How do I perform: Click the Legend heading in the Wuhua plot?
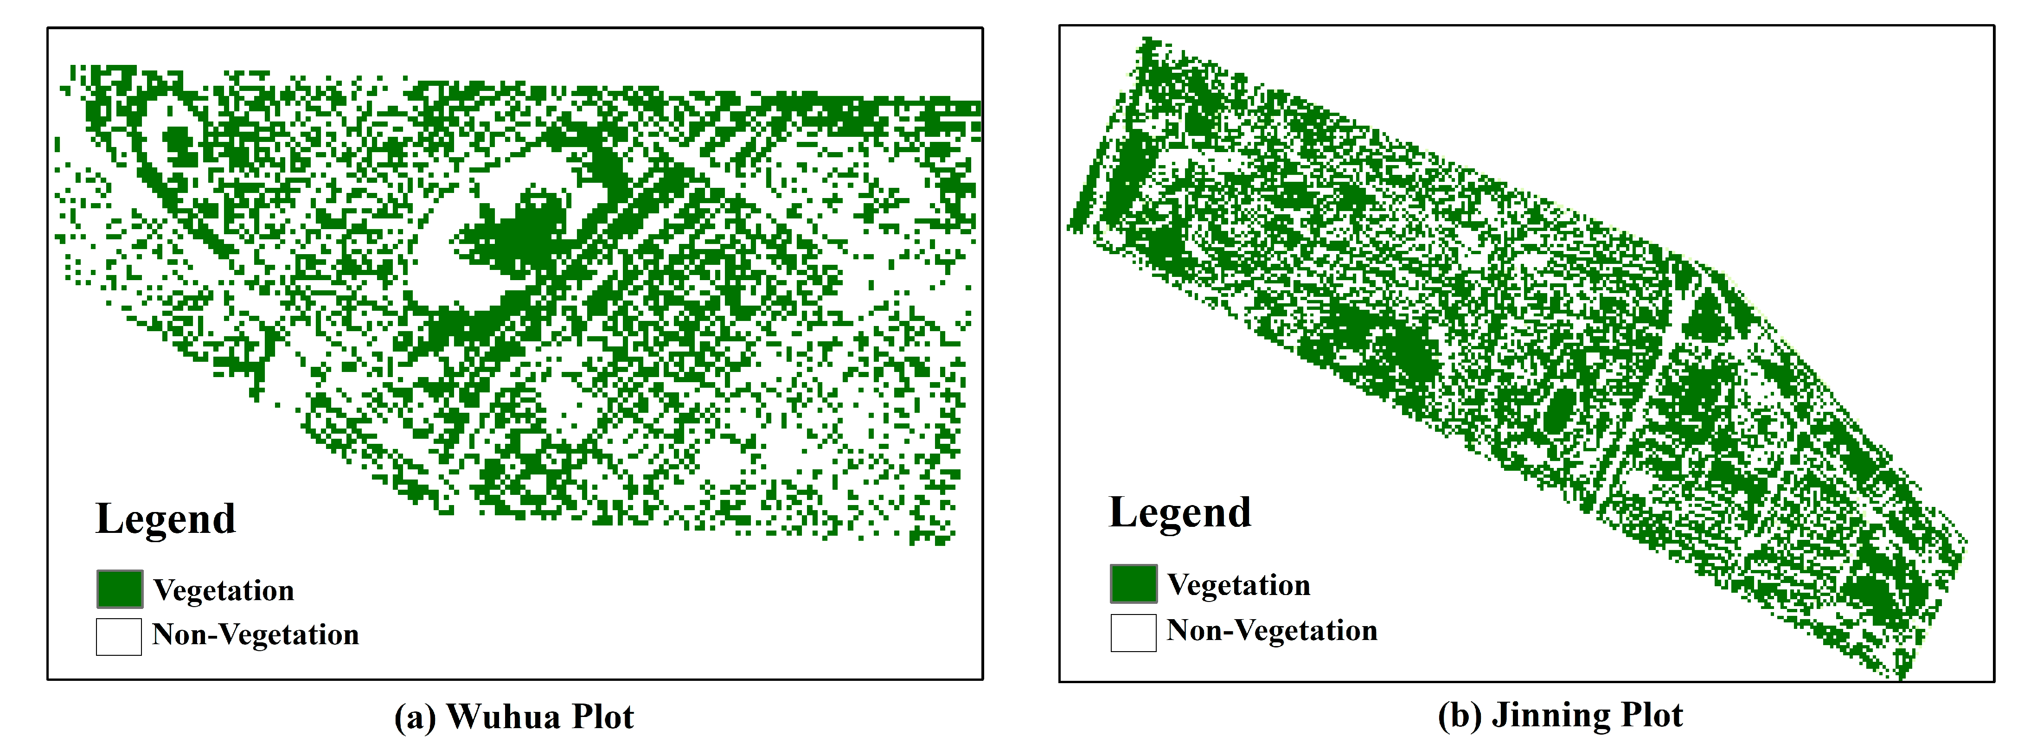165,519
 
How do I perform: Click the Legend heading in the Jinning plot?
1179,513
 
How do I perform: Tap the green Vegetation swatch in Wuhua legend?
120,589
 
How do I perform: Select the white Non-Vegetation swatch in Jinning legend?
1133,633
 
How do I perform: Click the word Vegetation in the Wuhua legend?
224,590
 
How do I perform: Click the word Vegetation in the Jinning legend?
1238,585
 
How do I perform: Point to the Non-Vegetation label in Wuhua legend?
256,634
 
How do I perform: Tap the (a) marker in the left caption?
414,717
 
